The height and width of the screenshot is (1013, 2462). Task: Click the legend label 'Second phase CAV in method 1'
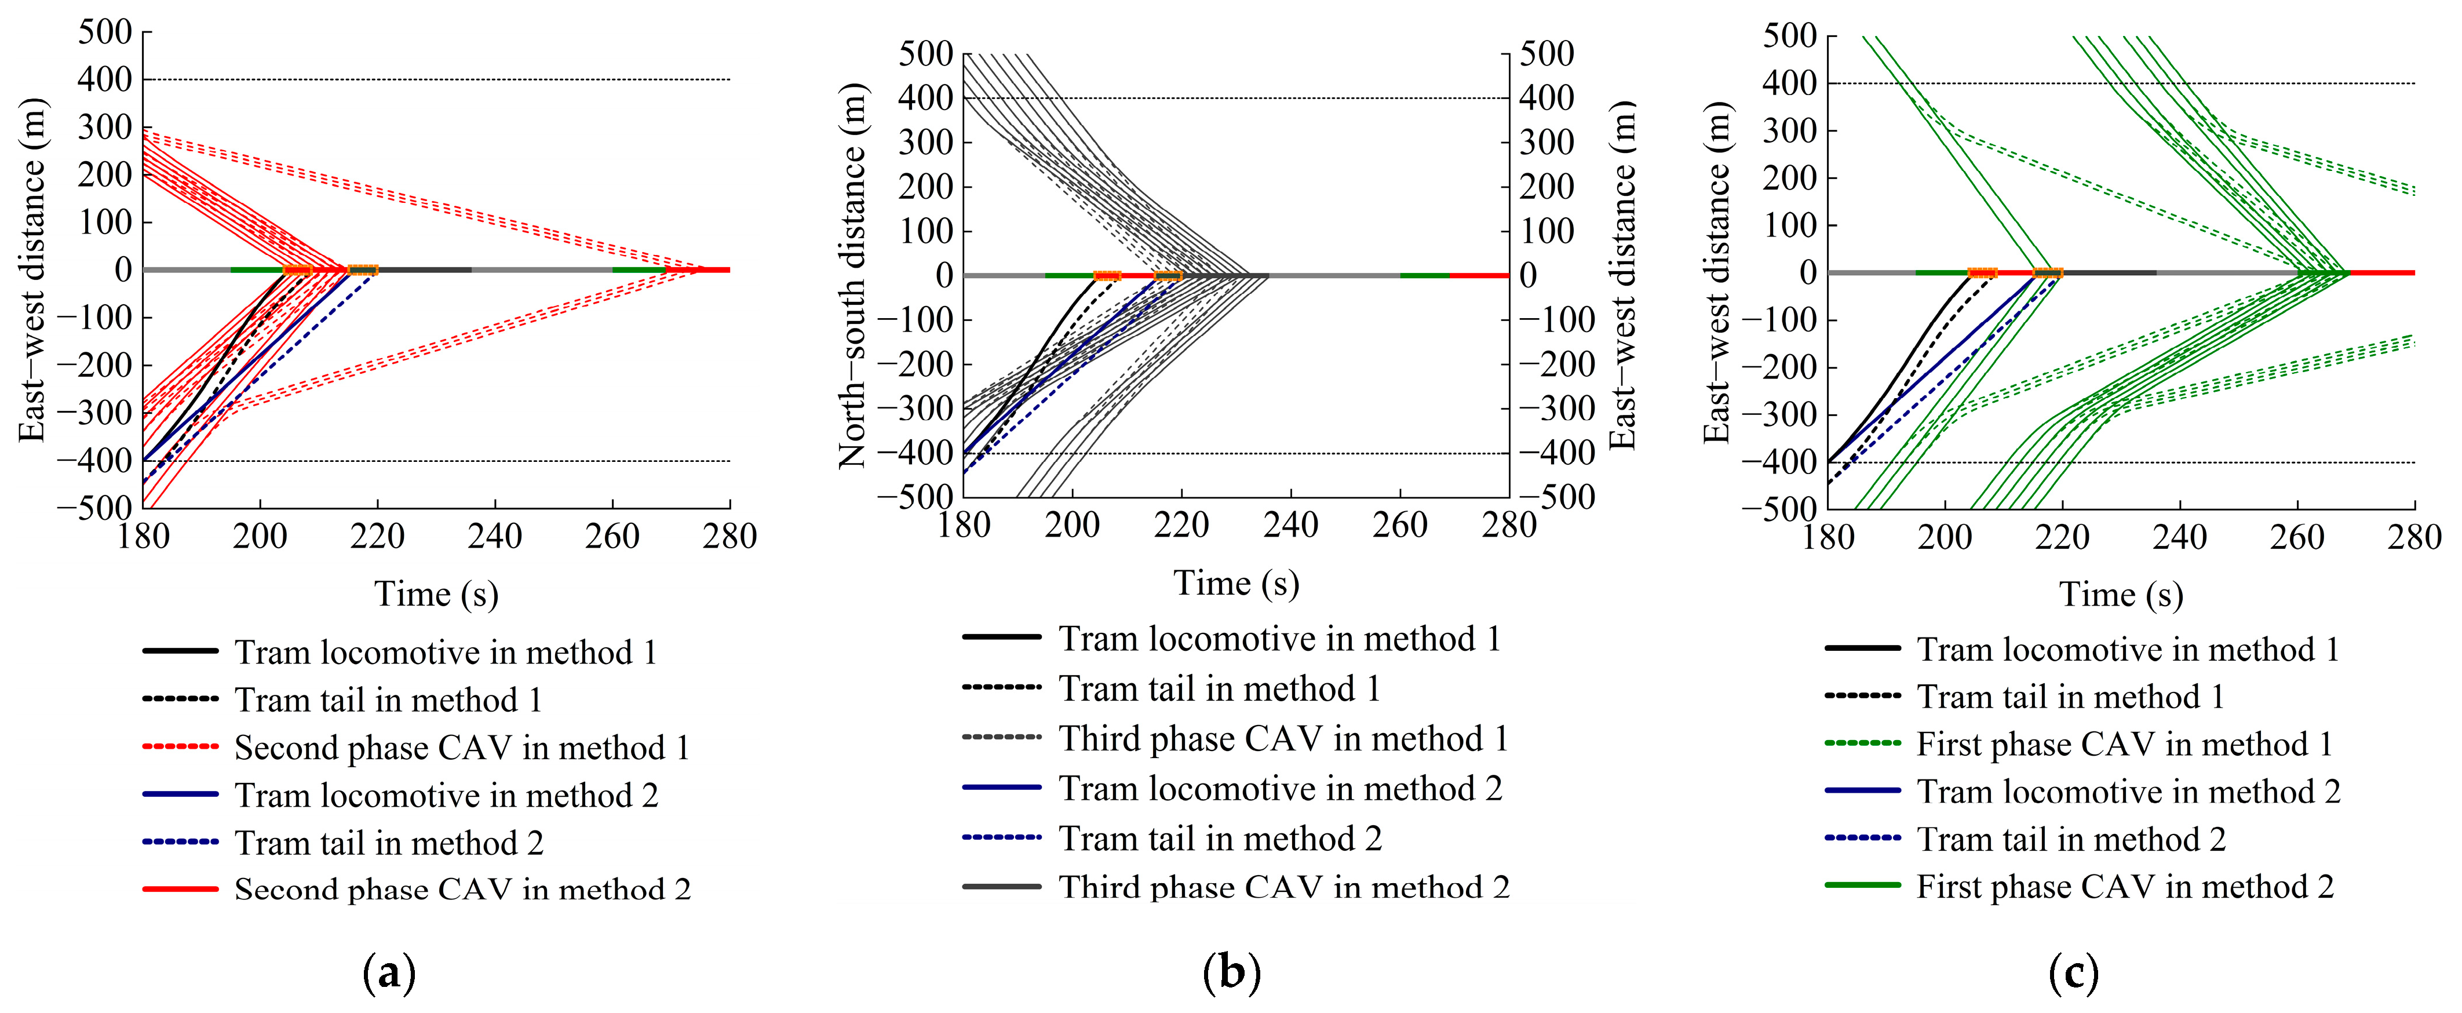click(x=462, y=748)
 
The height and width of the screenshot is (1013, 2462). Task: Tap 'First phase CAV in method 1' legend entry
click(x=2125, y=745)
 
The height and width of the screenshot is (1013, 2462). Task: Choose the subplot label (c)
click(x=2074, y=974)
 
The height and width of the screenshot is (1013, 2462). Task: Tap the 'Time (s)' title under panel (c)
click(x=2121, y=595)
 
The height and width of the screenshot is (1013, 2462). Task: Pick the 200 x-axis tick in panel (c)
click(x=1945, y=538)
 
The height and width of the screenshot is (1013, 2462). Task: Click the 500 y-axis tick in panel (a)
click(x=105, y=32)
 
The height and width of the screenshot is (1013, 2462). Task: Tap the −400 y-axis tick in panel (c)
click(x=1779, y=462)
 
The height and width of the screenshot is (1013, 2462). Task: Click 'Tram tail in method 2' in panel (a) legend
click(x=389, y=843)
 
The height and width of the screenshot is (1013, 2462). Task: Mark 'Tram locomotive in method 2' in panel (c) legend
click(x=2128, y=792)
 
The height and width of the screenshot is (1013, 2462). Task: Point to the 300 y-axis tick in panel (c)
click(x=1790, y=131)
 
